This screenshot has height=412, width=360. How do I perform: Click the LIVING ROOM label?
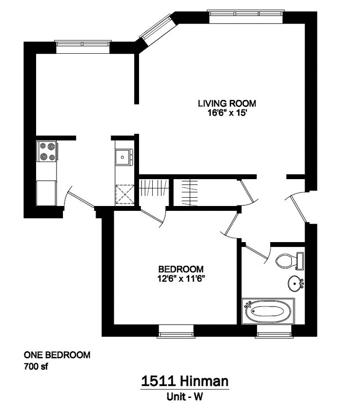[x=226, y=103]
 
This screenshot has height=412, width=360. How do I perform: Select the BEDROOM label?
[x=180, y=269]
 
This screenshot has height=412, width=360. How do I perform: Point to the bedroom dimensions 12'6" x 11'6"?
[x=180, y=279]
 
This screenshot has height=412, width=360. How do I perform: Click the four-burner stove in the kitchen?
[x=47, y=151]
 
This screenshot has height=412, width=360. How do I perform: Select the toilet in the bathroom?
[x=289, y=260]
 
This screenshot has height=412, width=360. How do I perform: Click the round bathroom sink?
[x=295, y=283]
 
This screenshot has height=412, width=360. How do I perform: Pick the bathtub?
[x=268, y=310]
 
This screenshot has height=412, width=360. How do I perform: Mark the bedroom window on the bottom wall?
[x=176, y=334]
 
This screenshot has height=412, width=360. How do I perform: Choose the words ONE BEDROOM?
[x=57, y=355]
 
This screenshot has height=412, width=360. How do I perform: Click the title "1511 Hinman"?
[x=184, y=380]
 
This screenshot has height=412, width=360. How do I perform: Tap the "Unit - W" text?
[x=184, y=397]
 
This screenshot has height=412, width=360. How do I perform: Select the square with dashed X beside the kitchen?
[x=125, y=195]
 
